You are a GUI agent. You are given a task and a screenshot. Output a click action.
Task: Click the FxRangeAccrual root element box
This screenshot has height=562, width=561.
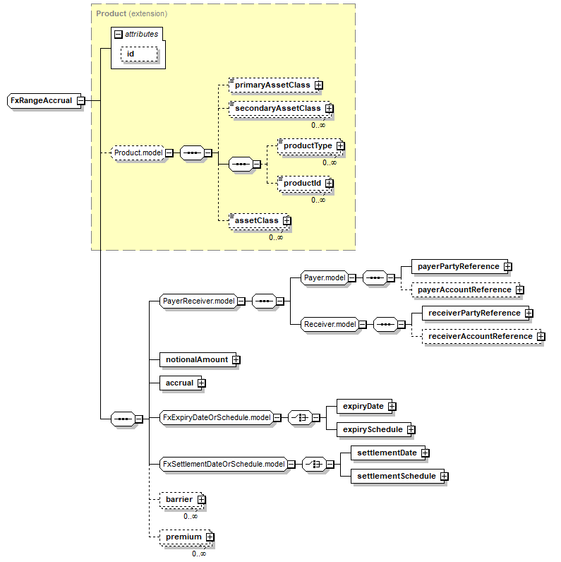(x=44, y=101)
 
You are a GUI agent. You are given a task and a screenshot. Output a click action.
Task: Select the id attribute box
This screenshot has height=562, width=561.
(x=139, y=54)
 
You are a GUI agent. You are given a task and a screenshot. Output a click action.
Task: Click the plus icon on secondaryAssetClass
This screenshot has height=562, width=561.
(x=330, y=108)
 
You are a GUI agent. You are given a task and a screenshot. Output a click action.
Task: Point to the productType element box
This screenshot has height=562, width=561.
(x=310, y=146)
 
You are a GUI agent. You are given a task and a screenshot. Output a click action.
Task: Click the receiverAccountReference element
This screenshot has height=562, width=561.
(x=482, y=337)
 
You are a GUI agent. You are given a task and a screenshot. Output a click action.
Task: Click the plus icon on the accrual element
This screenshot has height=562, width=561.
(x=202, y=383)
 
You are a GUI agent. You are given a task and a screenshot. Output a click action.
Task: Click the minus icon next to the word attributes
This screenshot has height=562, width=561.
(x=119, y=35)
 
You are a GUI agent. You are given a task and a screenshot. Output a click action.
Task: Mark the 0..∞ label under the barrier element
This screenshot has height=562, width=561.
(x=191, y=517)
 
